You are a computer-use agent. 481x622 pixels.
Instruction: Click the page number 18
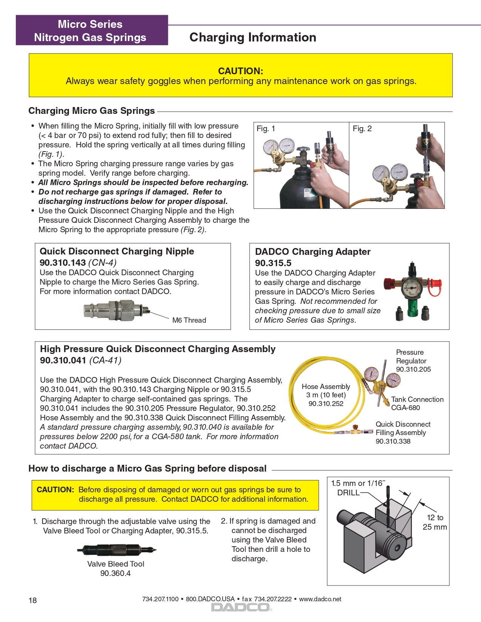coord(33,600)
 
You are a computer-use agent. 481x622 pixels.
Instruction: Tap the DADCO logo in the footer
coord(241,607)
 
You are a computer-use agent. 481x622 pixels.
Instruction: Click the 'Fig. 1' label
coord(266,129)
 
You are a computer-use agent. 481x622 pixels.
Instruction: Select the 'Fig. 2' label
coord(362,129)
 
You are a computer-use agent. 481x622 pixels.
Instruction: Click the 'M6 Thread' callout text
coord(189,320)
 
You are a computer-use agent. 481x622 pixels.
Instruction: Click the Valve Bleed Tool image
coord(116,550)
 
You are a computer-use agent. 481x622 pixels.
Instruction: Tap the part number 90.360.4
coord(115,573)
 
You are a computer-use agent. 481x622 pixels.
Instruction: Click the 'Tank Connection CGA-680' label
coord(417,403)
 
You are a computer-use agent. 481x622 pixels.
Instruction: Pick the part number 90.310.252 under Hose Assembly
coord(326,404)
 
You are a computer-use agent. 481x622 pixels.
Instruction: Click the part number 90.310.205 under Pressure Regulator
coord(413,369)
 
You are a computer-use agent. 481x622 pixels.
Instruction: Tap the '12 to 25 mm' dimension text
coord(435,522)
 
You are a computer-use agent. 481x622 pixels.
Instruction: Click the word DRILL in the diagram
coord(348,493)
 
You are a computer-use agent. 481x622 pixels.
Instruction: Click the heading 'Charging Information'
coord(253,37)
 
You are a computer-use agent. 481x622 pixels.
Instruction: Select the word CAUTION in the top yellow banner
coord(241,71)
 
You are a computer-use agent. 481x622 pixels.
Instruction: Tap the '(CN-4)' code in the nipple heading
coord(102,263)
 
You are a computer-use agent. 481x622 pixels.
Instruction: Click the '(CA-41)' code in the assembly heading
coord(105,360)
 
